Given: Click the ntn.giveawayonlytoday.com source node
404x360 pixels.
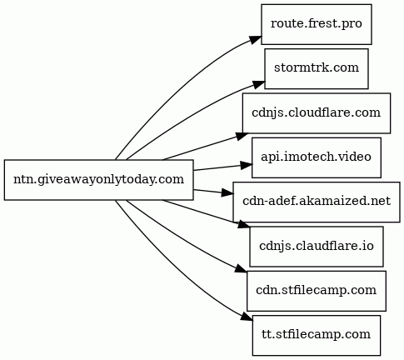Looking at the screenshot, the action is [x=98, y=180].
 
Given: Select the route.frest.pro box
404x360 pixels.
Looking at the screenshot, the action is [x=317, y=24].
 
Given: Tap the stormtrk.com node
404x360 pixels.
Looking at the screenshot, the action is [x=317, y=68].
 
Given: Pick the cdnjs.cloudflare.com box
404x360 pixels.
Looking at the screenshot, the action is [x=317, y=113].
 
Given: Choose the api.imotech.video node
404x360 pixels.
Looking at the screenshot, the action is [x=317, y=157].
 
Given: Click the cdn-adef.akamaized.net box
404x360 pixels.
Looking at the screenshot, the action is [x=317, y=202].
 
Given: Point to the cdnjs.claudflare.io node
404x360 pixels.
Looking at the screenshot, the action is [x=317, y=247].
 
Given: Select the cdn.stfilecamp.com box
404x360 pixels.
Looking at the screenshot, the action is [x=317, y=291].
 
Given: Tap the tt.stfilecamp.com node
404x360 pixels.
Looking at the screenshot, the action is [x=317, y=335].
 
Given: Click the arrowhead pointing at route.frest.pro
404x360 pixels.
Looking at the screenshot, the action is [x=256, y=39].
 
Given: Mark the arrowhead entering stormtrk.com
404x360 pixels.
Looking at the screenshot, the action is [x=259, y=84].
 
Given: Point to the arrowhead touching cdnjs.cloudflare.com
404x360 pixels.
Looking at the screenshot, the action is [x=242, y=136].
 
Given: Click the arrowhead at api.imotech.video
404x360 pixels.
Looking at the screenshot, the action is [x=247, y=165].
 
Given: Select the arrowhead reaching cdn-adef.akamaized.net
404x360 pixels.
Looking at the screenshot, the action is [x=227, y=192].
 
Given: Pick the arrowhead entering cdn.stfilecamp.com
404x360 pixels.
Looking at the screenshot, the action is [x=241, y=269].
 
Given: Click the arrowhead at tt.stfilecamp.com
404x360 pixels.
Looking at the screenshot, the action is [x=247, y=317].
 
